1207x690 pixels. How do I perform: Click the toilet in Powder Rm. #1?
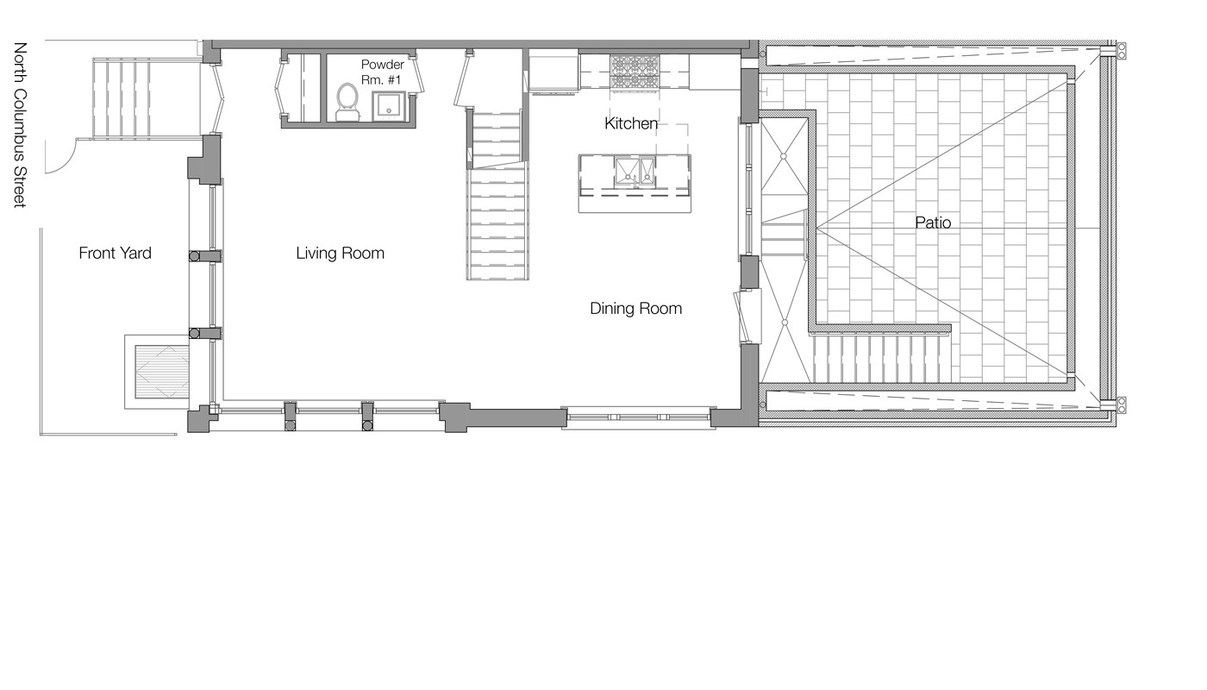[347, 101]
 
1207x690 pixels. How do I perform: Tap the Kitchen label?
[630, 124]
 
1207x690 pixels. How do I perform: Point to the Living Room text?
[340, 254]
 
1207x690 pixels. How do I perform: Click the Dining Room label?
[635, 309]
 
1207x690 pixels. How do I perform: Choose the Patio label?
[933, 223]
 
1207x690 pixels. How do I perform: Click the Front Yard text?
[115, 254]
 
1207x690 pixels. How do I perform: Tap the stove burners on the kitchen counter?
[635, 67]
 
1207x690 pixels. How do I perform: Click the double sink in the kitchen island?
[635, 173]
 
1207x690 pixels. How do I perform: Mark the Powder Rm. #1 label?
[382, 72]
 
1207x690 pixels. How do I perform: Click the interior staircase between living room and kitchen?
[497, 216]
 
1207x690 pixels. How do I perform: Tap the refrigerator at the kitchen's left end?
[553, 70]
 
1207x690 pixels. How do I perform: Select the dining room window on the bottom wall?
[638, 417]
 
